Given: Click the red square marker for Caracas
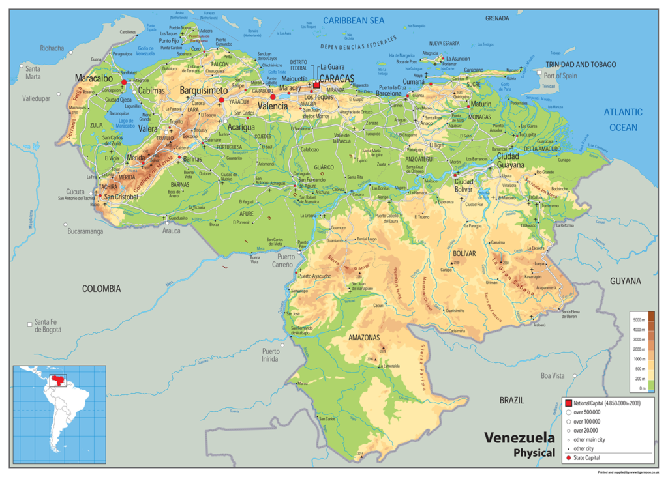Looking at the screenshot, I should [x=317, y=85].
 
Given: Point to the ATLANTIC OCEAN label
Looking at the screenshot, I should [x=623, y=119].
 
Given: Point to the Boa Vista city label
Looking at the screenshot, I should [x=553, y=376].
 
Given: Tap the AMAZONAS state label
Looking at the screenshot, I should [x=363, y=338].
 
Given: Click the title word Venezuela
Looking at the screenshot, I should [x=519, y=437].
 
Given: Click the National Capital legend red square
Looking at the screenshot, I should [x=568, y=404].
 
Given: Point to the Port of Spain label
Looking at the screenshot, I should [x=560, y=76].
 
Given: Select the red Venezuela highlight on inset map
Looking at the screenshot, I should [x=58, y=379].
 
